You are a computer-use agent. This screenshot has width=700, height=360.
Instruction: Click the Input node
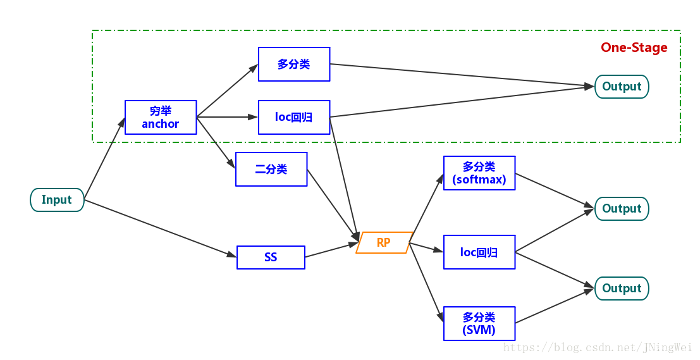(57, 200)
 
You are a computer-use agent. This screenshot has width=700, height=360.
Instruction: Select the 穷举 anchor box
(161, 117)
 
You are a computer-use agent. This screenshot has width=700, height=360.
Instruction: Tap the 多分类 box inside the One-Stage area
(294, 64)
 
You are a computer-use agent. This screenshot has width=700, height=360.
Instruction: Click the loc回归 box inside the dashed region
(294, 117)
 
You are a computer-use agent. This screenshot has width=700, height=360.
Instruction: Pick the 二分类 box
(271, 169)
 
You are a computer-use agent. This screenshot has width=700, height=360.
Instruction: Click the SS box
(271, 258)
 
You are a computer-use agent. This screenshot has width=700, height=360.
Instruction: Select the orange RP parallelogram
(384, 242)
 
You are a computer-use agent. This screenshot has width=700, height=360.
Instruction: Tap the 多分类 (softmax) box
(479, 173)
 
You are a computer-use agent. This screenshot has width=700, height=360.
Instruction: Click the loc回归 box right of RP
(479, 252)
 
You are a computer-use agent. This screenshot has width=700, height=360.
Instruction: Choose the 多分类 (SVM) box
(479, 323)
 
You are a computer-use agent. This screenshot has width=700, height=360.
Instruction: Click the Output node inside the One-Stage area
(622, 87)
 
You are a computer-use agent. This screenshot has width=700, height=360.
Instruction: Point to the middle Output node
(622, 209)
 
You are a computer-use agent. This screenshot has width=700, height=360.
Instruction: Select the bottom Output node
(622, 289)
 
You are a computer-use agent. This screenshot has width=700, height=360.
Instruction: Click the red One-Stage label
(634, 47)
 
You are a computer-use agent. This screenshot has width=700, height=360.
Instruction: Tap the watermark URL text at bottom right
(597, 347)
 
